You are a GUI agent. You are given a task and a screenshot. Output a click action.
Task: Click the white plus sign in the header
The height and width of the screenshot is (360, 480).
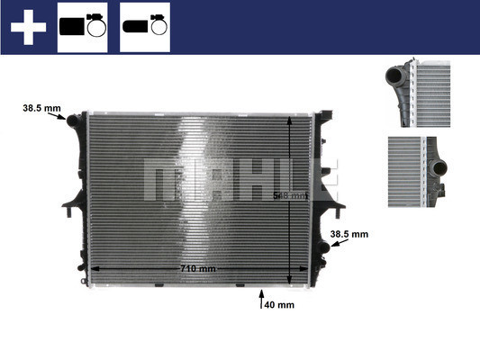[x=28, y=27]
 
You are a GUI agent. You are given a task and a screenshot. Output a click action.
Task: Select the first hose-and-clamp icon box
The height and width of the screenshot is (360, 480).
[x=82, y=27]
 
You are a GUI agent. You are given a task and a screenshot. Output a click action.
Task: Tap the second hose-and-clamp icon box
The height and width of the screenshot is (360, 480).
[x=145, y=27]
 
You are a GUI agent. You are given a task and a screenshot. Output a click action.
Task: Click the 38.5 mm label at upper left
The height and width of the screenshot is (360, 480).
[x=41, y=110]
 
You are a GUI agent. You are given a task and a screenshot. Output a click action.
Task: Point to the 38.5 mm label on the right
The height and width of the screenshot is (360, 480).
[x=349, y=235]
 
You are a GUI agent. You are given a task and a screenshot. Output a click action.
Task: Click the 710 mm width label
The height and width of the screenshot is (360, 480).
[x=196, y=269]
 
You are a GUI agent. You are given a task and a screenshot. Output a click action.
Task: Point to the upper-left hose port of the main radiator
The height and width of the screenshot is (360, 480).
[x=72, y=121]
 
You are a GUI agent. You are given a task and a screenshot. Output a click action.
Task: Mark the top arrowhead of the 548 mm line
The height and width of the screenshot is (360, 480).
[x=288, y=120]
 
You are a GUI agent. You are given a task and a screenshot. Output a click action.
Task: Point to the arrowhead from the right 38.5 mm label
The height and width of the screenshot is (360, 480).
[x=328, y=243]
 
